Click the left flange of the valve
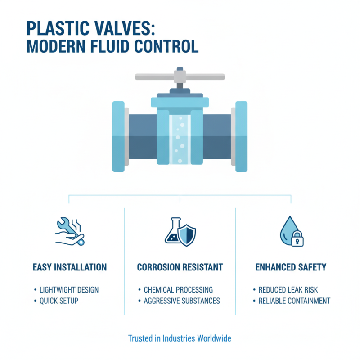[x=118, y=136]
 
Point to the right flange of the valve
[x=241, y=136]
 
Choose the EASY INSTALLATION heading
[x=70, y=267]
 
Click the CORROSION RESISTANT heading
[x=180, y=267]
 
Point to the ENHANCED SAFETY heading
[x=291, y=267]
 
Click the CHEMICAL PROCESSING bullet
[x=178, y=290]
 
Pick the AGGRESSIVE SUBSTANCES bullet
[x=182, y=301]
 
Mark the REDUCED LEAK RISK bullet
[x=288, y=290]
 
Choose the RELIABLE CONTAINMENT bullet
[x=294, y=301]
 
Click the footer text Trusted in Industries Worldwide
[x=180, y=337]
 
